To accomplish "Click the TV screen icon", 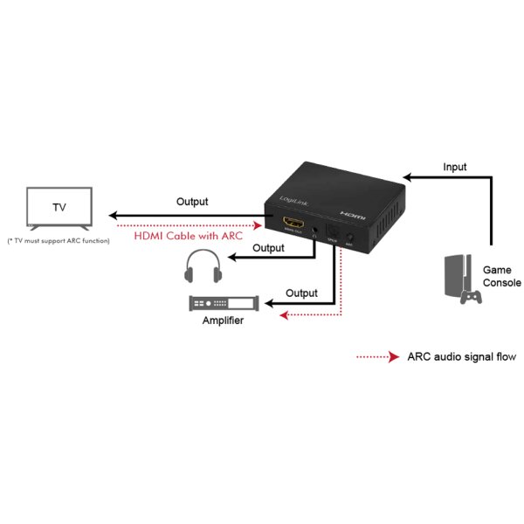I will coord(59,208).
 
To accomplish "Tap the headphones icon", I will coord(201,265).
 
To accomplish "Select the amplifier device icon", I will coord(224,303).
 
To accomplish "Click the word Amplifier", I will coord(223,321).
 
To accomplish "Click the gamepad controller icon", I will coord(472,297).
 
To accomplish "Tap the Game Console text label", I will coord(501,277).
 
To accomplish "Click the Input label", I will coord(454,167).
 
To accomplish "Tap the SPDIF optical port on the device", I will coord(332,235).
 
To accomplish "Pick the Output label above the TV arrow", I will coord(192,202).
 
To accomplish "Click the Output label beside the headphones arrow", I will coord(268,248).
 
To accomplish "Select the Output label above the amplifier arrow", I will coord(301,293).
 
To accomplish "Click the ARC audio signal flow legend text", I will coord(461,356).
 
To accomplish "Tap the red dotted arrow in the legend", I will coord(377,356).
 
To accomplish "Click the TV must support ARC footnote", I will coord(58,240).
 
